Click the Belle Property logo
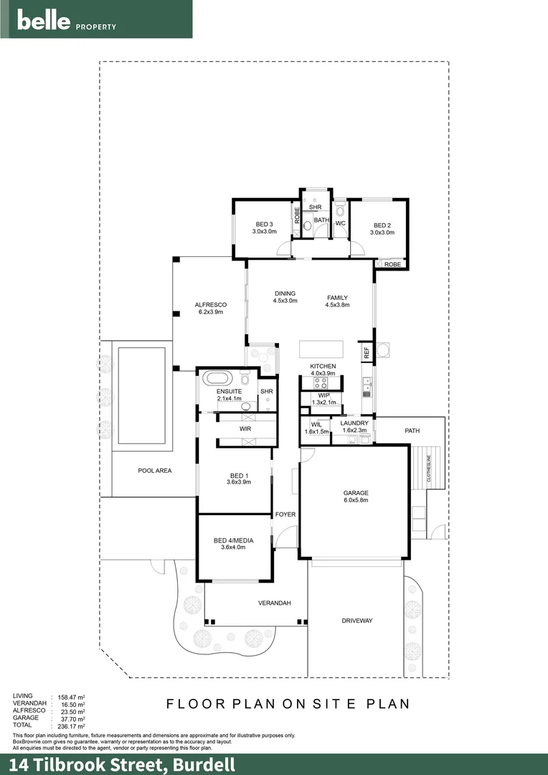[67, 21]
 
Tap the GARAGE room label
[355, 493]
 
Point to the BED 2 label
[382, 225]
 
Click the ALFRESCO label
[209, 304]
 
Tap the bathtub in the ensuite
[217, 378]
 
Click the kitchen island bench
[321, 349]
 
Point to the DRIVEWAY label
[356, 621]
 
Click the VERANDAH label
[274, 603]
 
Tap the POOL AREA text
[155, 471]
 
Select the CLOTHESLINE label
[429, 467]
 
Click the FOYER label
[285, 515]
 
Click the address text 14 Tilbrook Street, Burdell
[122, 764]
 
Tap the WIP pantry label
[323, 395]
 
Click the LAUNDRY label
[354, 423]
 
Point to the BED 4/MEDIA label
[233, 540]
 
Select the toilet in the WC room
[340, 211]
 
